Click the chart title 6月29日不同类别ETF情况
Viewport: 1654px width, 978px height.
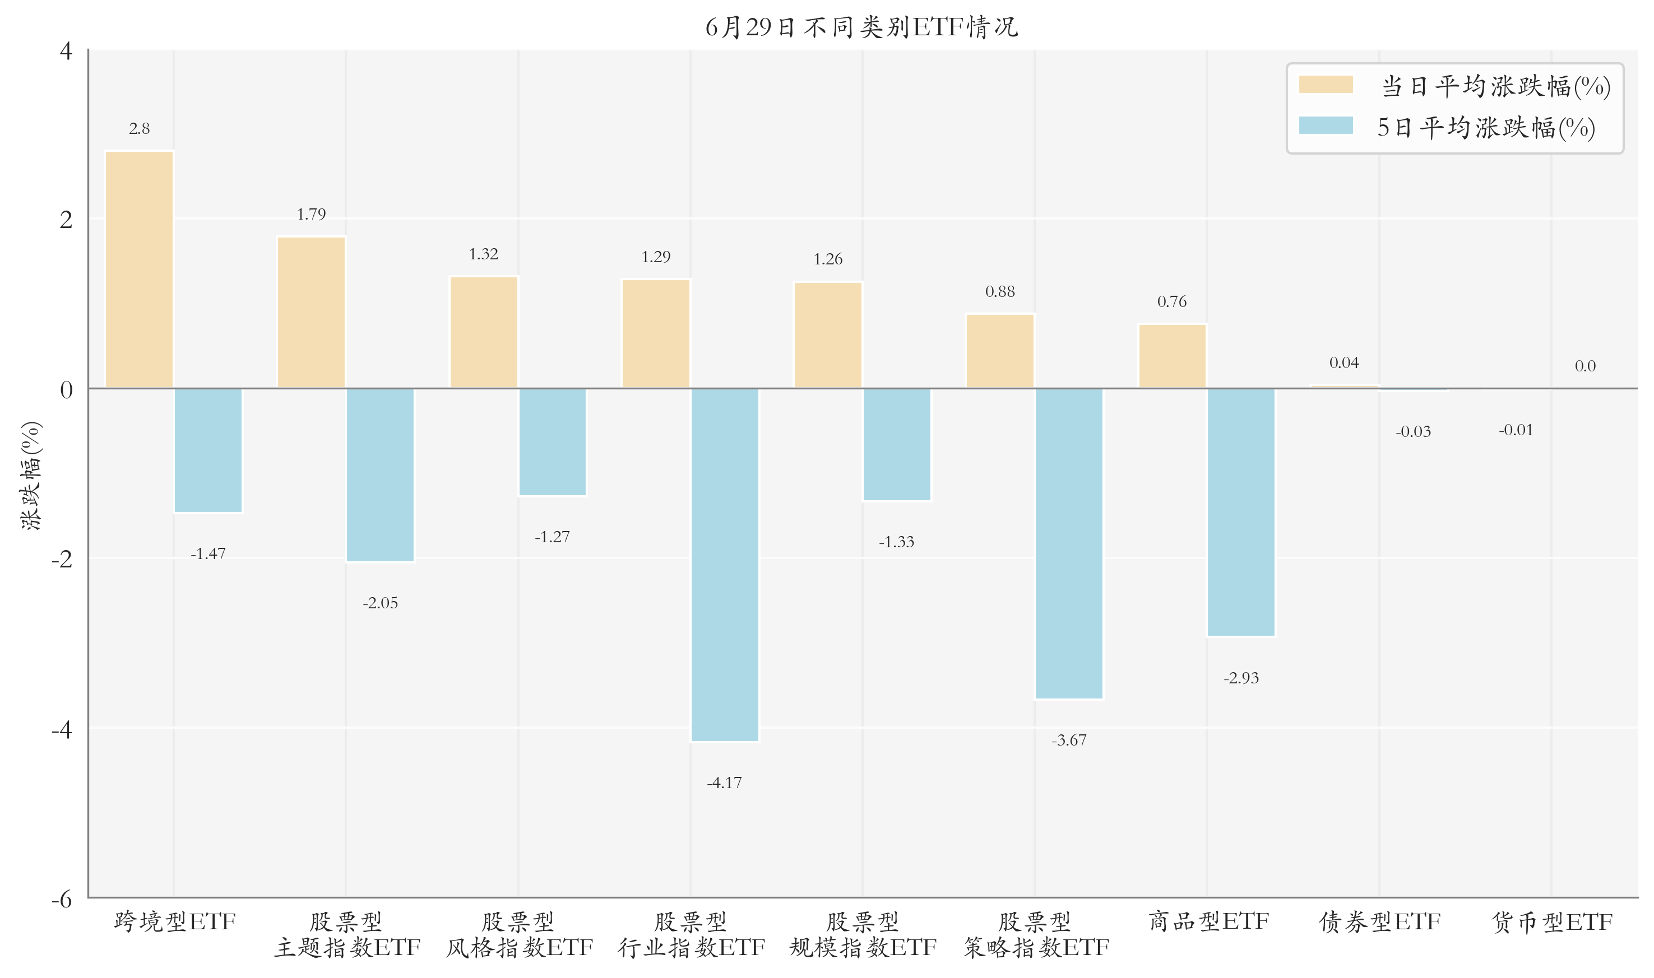(x=861, y=27)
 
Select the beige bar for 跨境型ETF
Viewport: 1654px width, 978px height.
(x=139, y=269)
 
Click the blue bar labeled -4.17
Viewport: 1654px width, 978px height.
(x=725, y=565)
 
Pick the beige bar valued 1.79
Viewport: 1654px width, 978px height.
(x=311, y=313)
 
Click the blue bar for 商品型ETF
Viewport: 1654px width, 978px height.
(x=1241, y=512)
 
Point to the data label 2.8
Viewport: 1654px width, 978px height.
(x=139, y=128)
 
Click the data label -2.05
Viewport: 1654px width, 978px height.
(x=381, y=603)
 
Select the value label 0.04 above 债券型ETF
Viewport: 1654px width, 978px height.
(x=1344, y=362)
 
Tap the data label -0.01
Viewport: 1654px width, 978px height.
(x=1516, y=430)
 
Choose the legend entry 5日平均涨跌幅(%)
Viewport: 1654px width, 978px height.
(x=1447, y=127)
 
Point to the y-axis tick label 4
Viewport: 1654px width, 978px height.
(x=66, y=51)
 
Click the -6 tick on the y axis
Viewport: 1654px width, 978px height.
(x=62, y=899)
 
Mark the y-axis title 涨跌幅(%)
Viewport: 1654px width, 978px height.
(x=31, y=475)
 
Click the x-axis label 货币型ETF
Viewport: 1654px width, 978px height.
(x=1552, y=922)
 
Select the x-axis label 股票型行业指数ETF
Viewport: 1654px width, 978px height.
(x=691, y=934)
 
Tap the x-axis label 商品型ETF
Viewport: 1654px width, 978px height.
(x=1208, y=921)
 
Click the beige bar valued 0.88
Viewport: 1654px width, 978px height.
(x=1000, y=351)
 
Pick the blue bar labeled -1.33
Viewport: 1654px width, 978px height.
(x=897, y=444)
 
